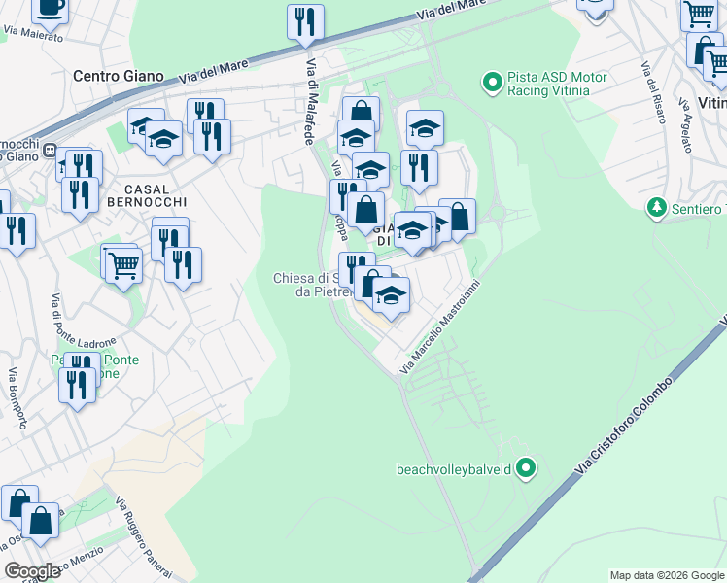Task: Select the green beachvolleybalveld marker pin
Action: [x=526, y=469]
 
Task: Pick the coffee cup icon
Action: [x=51, y=7]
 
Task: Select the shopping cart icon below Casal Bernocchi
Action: [x=122, y=263]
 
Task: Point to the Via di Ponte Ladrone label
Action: [x=83, y=321]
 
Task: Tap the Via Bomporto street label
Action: [x=17, y=398]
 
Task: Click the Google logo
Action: [x=32, y=571]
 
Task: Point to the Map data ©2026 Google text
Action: [x=667, y=575]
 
